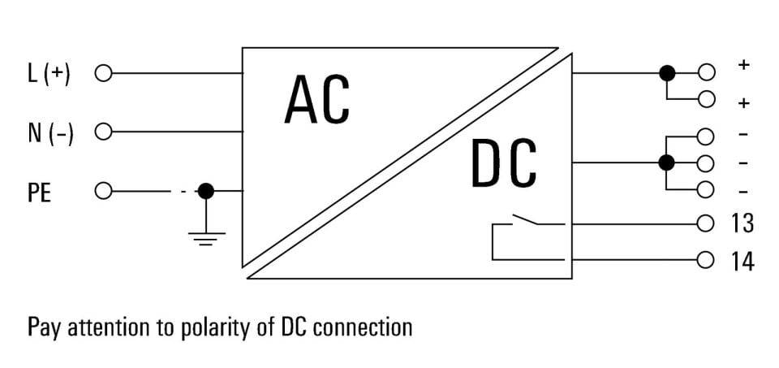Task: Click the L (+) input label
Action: click(49, 74)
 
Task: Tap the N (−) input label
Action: click(50, 132)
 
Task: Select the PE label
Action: click(40, 192)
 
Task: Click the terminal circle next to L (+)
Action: click(103, 74)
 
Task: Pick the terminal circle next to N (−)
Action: click(103, 132)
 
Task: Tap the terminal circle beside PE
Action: click(103, 190)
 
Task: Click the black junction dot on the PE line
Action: click(205, 190)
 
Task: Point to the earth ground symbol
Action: click(206, 239)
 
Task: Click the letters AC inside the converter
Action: click(317, 99)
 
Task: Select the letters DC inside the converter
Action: click(504, 162)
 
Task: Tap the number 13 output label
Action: click(742, 223)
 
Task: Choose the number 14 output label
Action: click(742, 262)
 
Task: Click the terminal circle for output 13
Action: click(705, 223)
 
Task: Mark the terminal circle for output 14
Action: click(705, 260)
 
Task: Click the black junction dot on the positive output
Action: click(667, 74)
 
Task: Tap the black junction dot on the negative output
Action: click(666, 162)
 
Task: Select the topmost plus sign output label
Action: click(744, 65)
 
